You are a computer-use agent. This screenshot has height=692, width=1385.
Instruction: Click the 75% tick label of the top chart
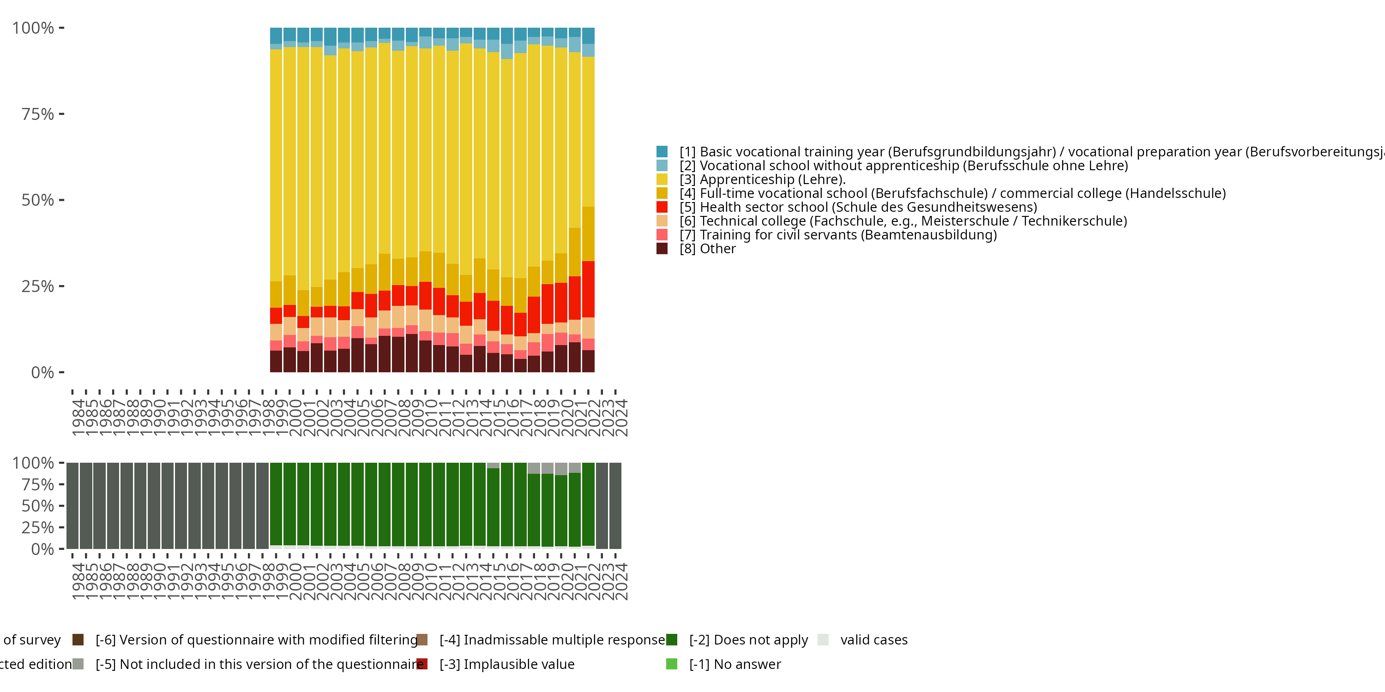(38, 114)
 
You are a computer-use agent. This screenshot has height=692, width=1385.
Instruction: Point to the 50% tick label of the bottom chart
(38, 506)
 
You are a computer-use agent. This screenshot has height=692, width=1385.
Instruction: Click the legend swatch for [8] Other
(662, 248)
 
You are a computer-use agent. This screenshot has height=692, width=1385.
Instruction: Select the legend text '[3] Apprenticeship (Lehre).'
(762, 179)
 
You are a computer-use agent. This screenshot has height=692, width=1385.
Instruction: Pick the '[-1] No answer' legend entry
(735, 664)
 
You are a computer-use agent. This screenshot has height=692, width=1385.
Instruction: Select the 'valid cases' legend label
(873, 640)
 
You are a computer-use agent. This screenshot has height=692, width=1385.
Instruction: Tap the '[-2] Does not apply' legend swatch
(672, 640)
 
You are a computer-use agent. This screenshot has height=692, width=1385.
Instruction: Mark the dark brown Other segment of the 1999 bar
(276, 361)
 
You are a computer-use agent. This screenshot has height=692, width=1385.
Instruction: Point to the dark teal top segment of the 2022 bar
(588, 36)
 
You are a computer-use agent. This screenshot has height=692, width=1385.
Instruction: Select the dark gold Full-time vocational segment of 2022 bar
(588, 234)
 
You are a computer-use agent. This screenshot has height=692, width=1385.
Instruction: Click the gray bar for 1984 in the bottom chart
(72, 506)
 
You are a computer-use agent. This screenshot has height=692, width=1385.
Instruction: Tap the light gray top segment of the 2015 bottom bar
(493, 465)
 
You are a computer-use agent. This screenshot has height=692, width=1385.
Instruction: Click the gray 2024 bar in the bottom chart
(615, 506)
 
